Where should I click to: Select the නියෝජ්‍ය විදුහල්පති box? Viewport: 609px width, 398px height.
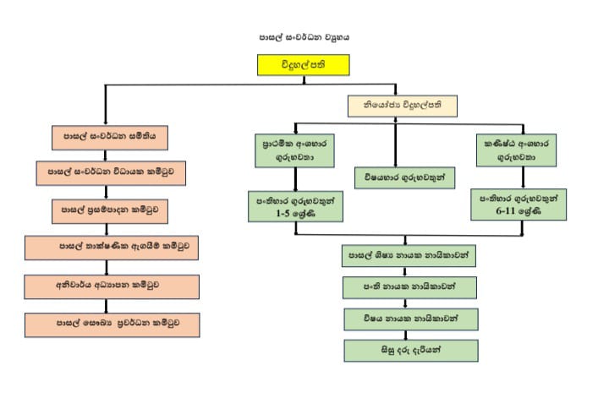tap(403, 106)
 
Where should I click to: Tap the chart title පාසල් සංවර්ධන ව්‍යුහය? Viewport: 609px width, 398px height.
tap(304, 37)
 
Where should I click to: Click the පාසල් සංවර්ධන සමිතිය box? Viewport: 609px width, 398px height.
tap(109, 135)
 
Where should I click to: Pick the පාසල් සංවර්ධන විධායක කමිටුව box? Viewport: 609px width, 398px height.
tap(111, 172)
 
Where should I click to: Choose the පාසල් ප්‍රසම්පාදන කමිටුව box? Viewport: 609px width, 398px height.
tap(111, 208)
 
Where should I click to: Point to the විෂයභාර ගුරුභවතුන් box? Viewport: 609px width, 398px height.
tap(403, 178)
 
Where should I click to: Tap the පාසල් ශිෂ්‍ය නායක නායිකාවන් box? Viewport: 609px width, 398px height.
tap(403, 253)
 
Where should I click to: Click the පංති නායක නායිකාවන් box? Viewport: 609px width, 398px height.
tap(403, 287)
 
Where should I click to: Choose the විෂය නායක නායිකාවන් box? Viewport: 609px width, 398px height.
tap(403, 319)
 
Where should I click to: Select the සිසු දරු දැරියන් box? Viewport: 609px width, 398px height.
tap(403, 350)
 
